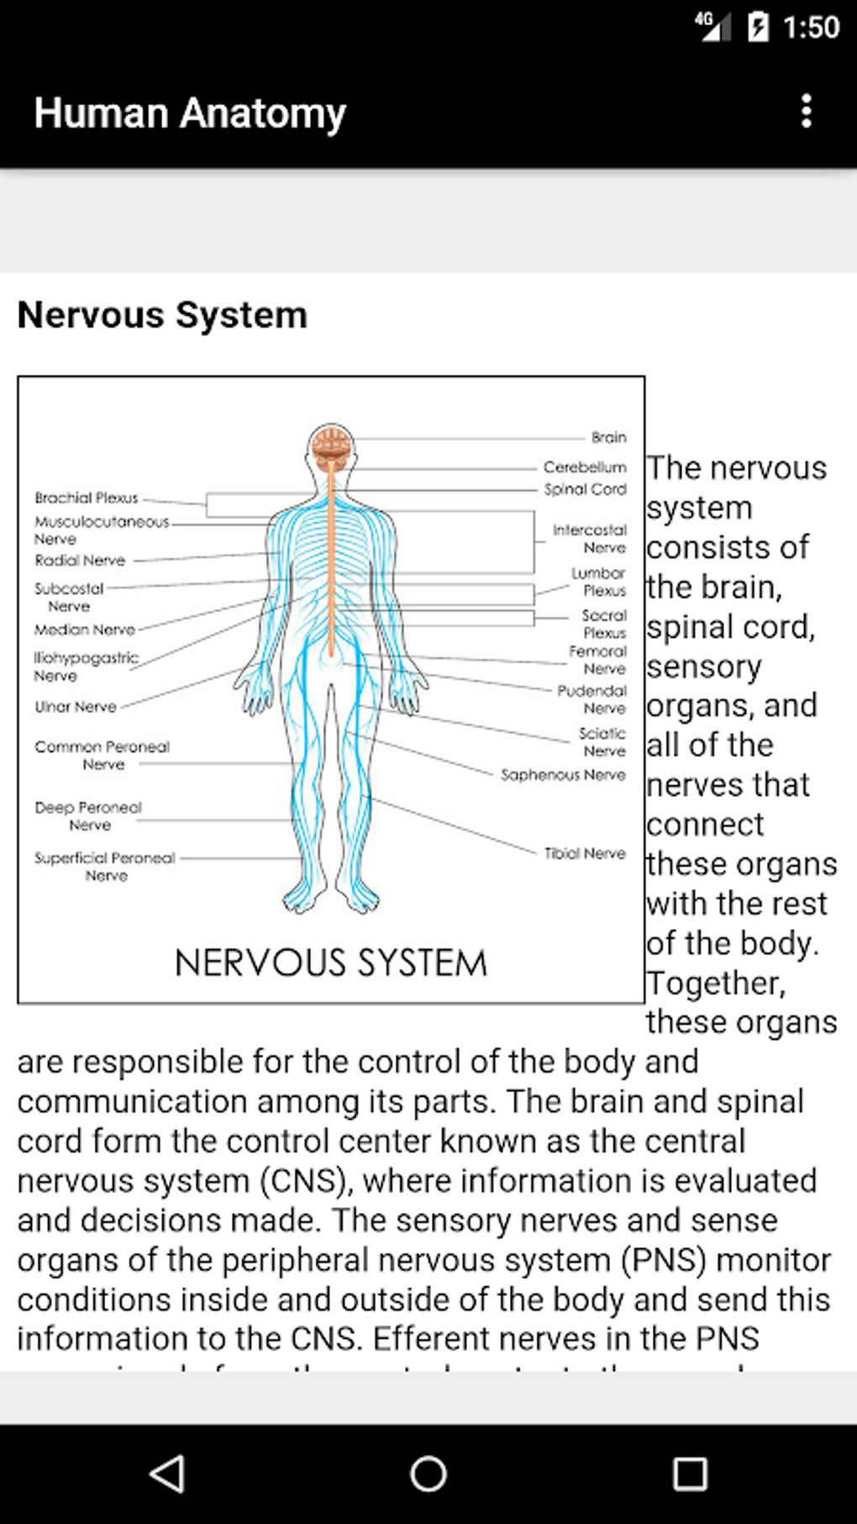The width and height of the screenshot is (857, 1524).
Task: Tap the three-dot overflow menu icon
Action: coord(806,111)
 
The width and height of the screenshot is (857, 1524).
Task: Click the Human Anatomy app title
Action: coord(190,113)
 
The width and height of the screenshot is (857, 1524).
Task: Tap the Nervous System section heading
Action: coord(162,315)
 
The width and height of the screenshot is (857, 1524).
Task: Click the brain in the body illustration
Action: coord(331,444)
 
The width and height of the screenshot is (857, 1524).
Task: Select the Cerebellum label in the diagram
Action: coord(585,467)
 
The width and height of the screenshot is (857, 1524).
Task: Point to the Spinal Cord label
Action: coord(585,489)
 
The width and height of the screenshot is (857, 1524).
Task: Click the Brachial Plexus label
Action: coord(87,498)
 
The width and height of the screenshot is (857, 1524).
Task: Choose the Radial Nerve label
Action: coord(80,561)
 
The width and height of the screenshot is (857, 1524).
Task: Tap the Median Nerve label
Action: coord(84,630)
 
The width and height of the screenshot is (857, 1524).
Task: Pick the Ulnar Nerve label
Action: coord(76,707)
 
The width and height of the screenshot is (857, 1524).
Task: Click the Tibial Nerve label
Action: coord(585,853)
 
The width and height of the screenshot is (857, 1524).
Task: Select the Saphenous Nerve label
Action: coord(563,775)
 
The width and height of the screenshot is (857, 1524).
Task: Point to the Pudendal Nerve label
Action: coord(592,699)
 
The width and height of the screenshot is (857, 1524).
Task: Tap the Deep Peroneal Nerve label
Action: coord(88,816)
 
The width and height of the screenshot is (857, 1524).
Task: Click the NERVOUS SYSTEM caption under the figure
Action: coord(330,963)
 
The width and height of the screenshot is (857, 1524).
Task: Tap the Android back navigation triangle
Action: coord(167,1474)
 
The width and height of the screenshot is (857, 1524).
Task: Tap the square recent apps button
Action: coord(690,1474)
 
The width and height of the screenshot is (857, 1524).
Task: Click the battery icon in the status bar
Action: coord(758,27)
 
